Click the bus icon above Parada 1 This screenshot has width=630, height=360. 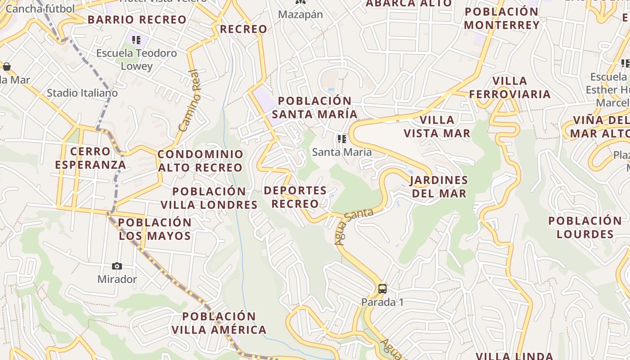click(x=382, y=289)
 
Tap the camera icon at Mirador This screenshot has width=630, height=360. click(x=117, y=266)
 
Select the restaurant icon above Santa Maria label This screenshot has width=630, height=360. click(x=342, y=139)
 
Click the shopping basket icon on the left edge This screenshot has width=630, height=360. click(x=7, y=67)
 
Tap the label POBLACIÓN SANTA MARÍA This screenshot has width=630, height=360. click(x=315, y=108)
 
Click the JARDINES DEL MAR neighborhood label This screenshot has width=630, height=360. click(x=438, y=187)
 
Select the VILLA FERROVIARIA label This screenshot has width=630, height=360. click(x=509, y=87)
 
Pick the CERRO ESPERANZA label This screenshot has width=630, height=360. click(x=90, y=158)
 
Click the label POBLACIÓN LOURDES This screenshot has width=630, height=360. click(x=585, y=227)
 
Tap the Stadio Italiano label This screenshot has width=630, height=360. click(x=82, y=93)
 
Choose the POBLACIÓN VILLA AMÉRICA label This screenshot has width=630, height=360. click(x=219, y=323)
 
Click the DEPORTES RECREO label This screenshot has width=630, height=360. click(x=295, y=197)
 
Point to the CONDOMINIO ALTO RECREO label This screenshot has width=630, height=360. click(x=200, y=161)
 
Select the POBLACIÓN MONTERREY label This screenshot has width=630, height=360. click(x=502, y=18)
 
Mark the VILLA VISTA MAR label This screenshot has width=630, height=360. click(x=436, y=126)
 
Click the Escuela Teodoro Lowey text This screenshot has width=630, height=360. click(x=137, y=59)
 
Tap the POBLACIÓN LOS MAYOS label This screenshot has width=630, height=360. click(x=155, y=229)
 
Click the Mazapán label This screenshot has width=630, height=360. click(x=300, y=14)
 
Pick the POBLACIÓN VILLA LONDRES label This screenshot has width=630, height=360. click(x=209, y=198)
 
